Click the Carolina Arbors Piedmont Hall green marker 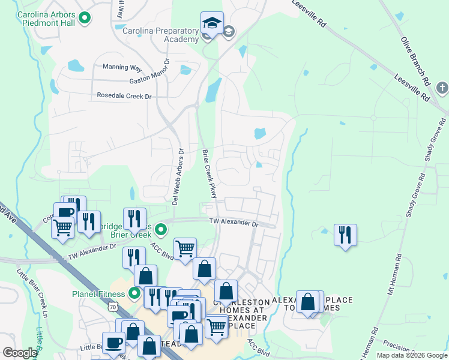coord(85,19)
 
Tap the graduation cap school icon coord(211,24)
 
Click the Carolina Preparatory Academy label coord(161,35)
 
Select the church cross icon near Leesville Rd coord(442,89)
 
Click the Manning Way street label coord(122,67)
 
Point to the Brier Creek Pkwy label coord(208,174)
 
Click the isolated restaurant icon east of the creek coord(345,235)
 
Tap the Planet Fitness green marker coord(135,293)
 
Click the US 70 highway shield coord(113,307)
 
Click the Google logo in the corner coord(20,353)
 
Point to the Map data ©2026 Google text coord(411,355)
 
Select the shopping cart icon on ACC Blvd coord(185,247)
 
